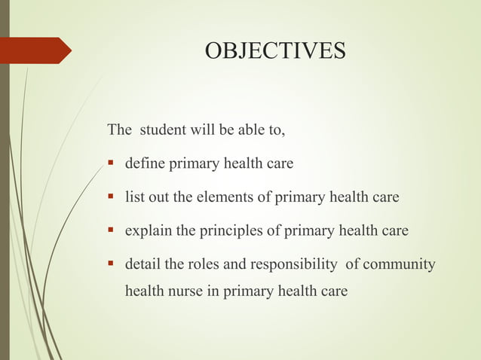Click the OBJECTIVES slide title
pyautogui.click(x=275, y=50)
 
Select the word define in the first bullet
pyautogui.click(x=145, y=163)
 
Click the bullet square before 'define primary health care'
pyautogui.click(x=111, y=163)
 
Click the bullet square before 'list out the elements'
pyautogui.click(x=111, y=197)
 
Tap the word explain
pyautogui.click(x=148, y=230)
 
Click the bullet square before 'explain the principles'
pyautogui.click(x=111, y=230)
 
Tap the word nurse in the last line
pyautogui.click(x=187, y=290)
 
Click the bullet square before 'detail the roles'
pyautogui.click(x=111, y=264)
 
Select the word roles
pyautogui.click(x=198, y=264)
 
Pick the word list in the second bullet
pyautogui.click(x=133, y=197)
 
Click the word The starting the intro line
pyautogui.click(x=120, y=130)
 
